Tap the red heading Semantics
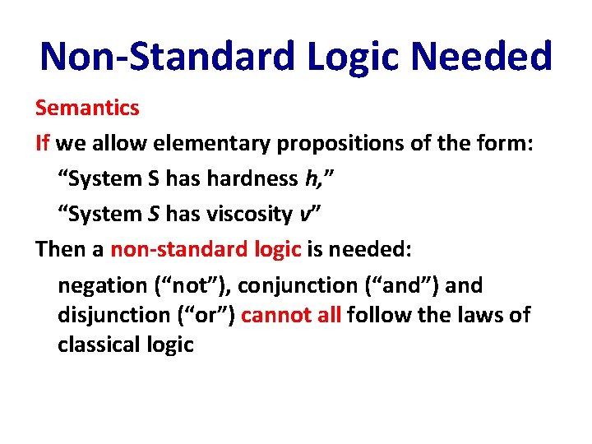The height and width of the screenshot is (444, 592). click(x=86, y=107)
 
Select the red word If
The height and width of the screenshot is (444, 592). click(x=43, y=143)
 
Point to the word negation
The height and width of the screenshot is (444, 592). click(x=102, y=286)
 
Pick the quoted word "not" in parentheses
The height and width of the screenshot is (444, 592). click(x=188, y=285)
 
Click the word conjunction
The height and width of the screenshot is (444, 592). click(x=289, y=286)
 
